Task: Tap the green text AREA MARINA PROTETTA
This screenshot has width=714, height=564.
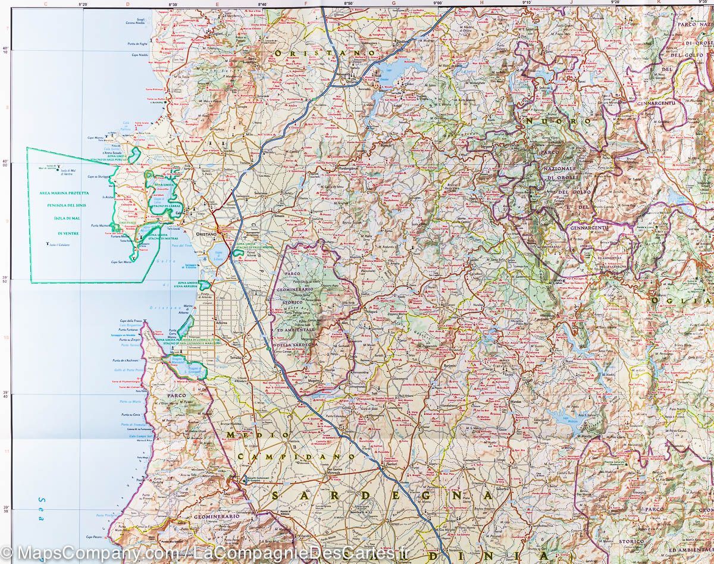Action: (64, 193)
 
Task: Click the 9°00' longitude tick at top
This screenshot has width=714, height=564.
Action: (438, 4)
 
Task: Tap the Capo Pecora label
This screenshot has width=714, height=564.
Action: (95, 537)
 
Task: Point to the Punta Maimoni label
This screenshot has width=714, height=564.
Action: (101, 226)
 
